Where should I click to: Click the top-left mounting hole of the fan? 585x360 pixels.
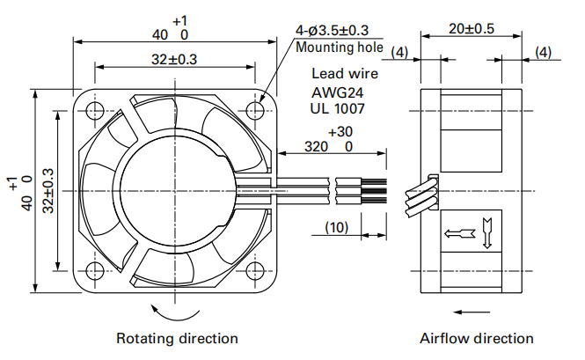click(x=94, y=110)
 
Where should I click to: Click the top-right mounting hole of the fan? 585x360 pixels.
click(x=256, y=110)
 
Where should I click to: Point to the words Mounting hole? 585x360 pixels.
click(x=333, y=48)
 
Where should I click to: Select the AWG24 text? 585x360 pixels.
click(x=338, y=92)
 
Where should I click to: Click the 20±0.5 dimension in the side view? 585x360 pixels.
click(x=470, y=28)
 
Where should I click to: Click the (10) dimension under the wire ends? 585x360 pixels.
click(x=338, y=227)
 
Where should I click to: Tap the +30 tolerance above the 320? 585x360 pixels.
click(x=339, y=132)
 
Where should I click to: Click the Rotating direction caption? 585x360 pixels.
click(x=177, y=338)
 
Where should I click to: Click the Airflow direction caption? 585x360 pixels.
click(x=476, y=338)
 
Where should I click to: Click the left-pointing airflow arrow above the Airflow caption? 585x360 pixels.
click(x=473, y=310)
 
